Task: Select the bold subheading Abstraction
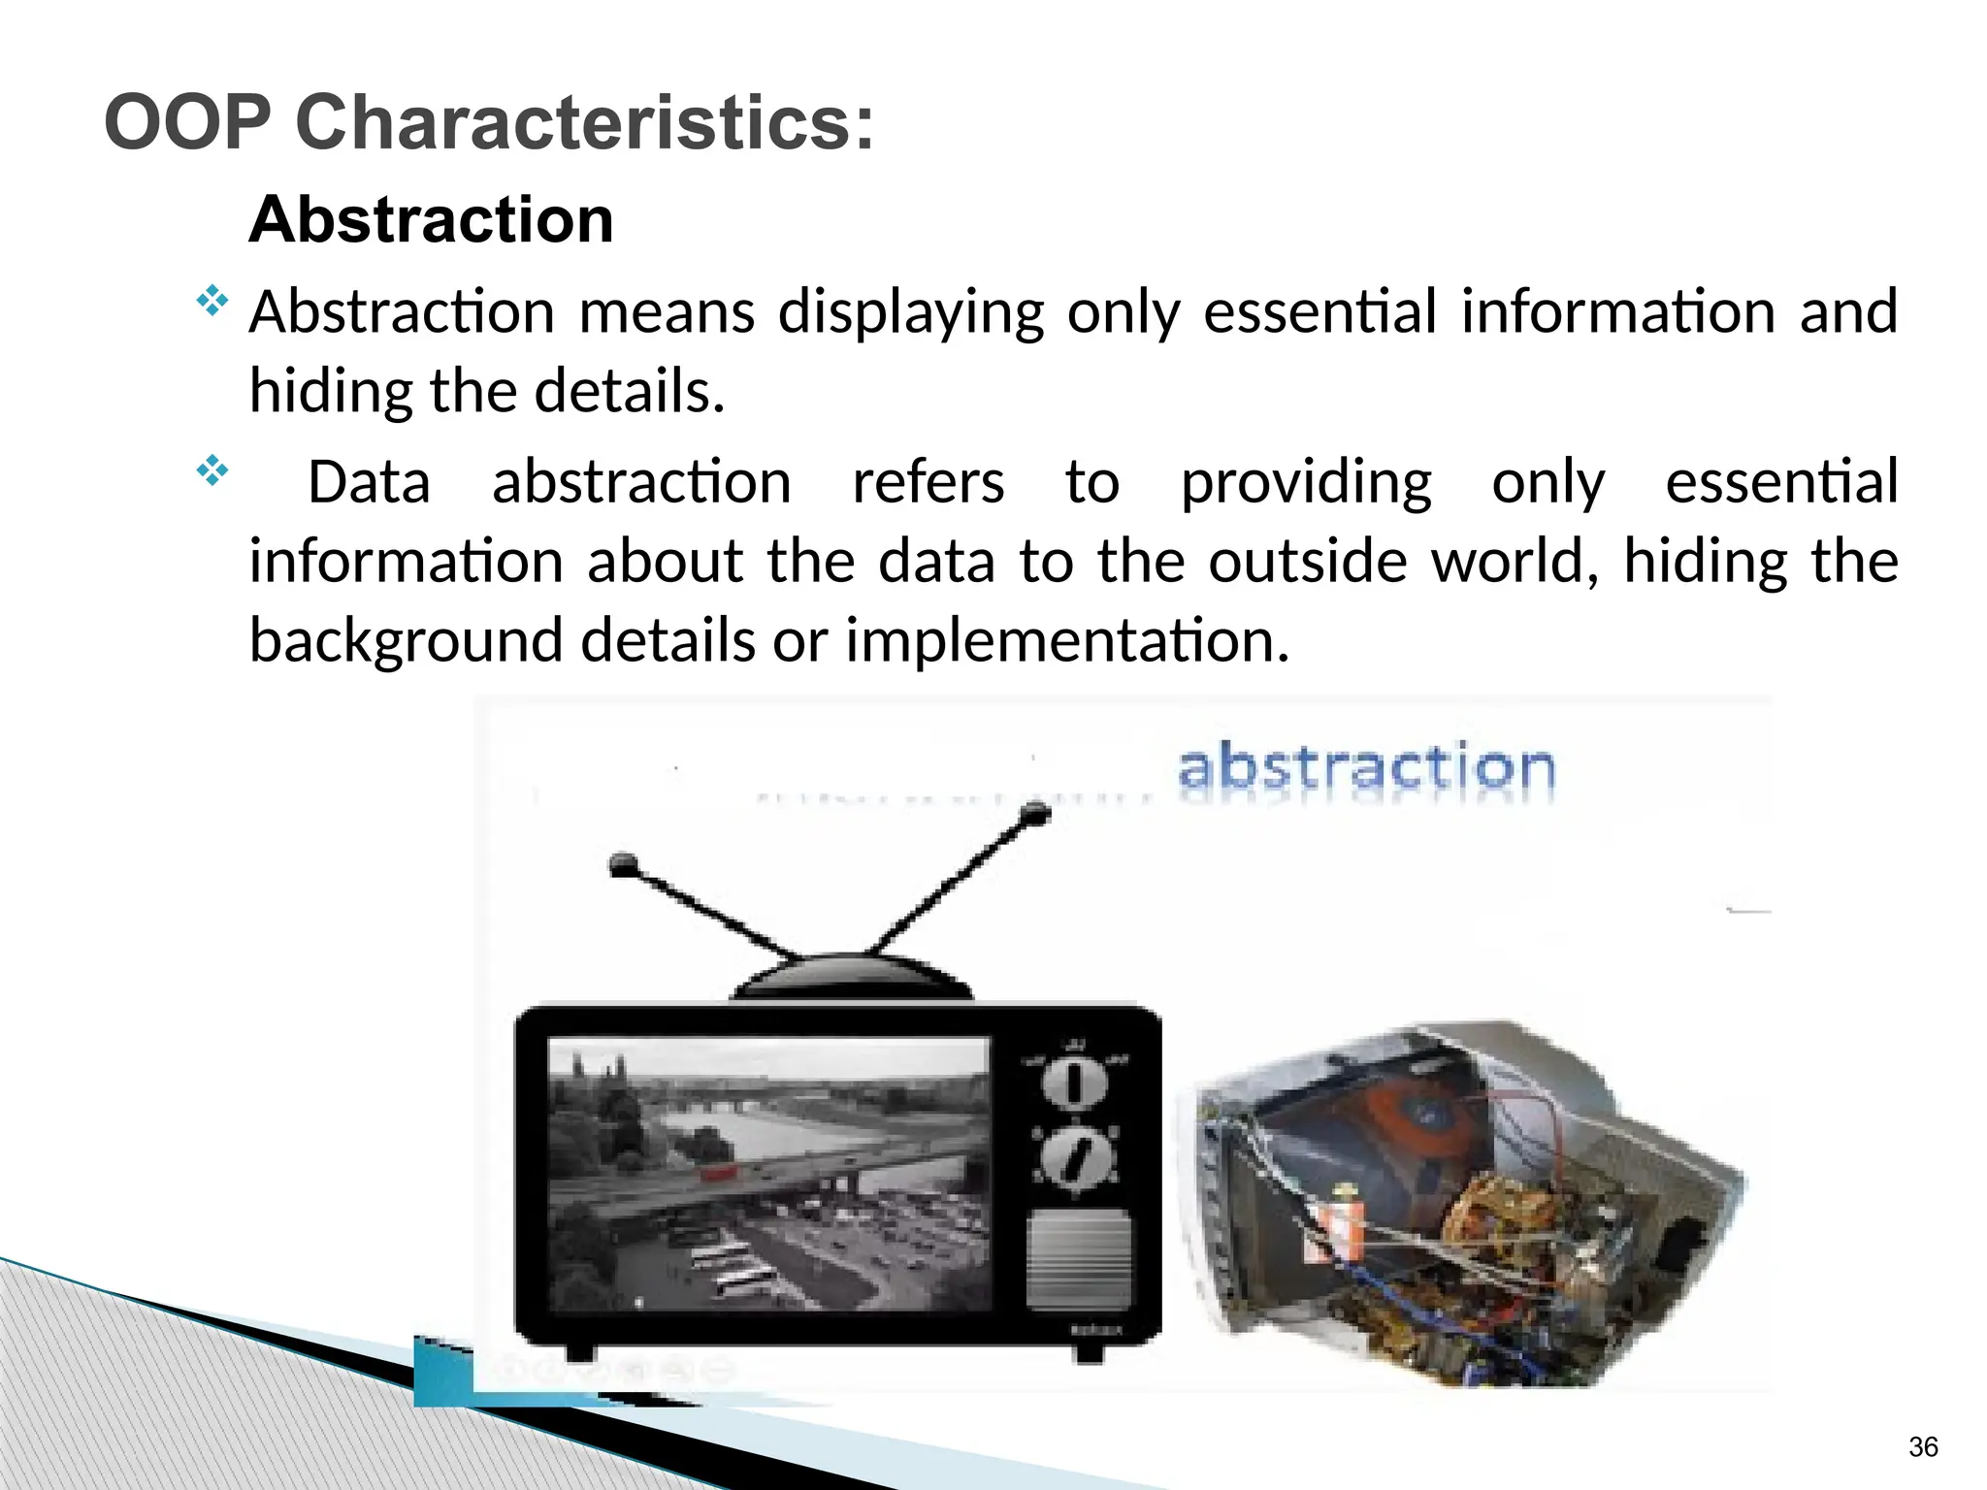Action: tap(432, 219)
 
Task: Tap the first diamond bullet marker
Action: tap(212, 302)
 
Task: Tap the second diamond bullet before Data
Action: tap(212, 472)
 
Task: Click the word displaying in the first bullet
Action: tap(910, 312)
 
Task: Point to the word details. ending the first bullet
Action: tap(630, 391)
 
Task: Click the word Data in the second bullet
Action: tap(369, 482)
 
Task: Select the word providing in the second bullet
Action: tap(1306, 482)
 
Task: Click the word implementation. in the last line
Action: tap(1067, 640)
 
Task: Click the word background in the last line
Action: tap(407, 640)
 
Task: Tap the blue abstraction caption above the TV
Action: tap(1366, 768)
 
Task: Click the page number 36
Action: tap(1922, 1447)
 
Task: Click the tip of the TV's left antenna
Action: tap(622, 863)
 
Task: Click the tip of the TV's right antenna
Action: tap(1036, 814)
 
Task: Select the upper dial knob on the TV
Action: tap(1074, 1084)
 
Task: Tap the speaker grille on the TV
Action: tap(1078, 1259)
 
